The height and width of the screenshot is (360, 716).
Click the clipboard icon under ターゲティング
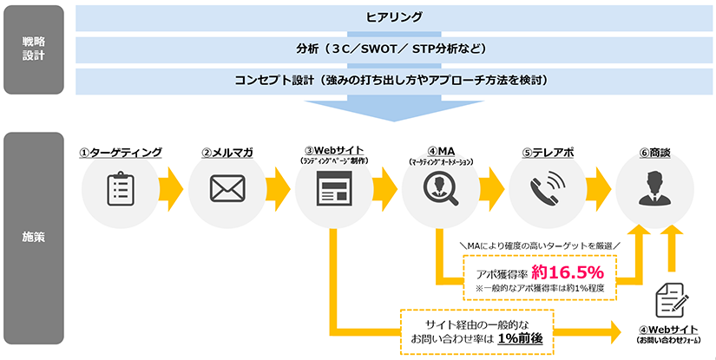(x=121, y=188)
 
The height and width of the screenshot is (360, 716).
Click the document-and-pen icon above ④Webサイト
(x=670, y=300)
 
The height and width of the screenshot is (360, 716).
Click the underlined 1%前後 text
(x=520, y=338)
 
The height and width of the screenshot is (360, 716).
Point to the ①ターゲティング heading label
(x=121, y=153)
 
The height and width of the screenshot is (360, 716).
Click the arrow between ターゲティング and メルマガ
(x=174, y=188)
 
